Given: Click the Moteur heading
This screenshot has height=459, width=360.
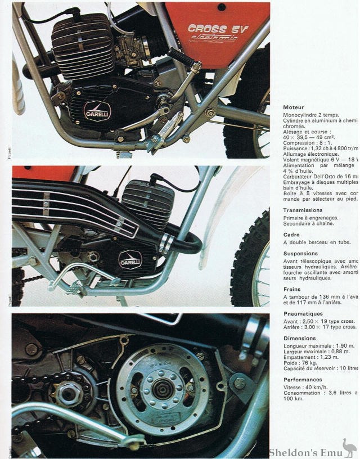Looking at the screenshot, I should pyautogui.click(x=294, y=106).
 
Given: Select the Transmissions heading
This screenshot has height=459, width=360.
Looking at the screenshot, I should pyautogui.click(x=303, y=210).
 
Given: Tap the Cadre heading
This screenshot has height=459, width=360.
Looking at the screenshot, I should pyautogui.click(x=292, y=234).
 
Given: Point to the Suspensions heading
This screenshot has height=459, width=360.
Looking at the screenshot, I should pyautogui.click(x=301, y=253).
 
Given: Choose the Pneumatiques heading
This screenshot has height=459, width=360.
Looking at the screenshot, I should pyautogui.click(x=303, y=313).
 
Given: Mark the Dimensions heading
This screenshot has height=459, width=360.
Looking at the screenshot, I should pyautogui.click(x=300, y=338).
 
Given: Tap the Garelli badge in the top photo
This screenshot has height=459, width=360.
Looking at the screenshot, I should pyautogui.click(x=97, y=111).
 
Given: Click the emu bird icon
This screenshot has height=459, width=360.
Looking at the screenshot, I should pyautogui.click(x=349, y=448).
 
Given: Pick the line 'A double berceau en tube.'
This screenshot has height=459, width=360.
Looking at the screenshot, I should pyautogui.click(x=320, y=242).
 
